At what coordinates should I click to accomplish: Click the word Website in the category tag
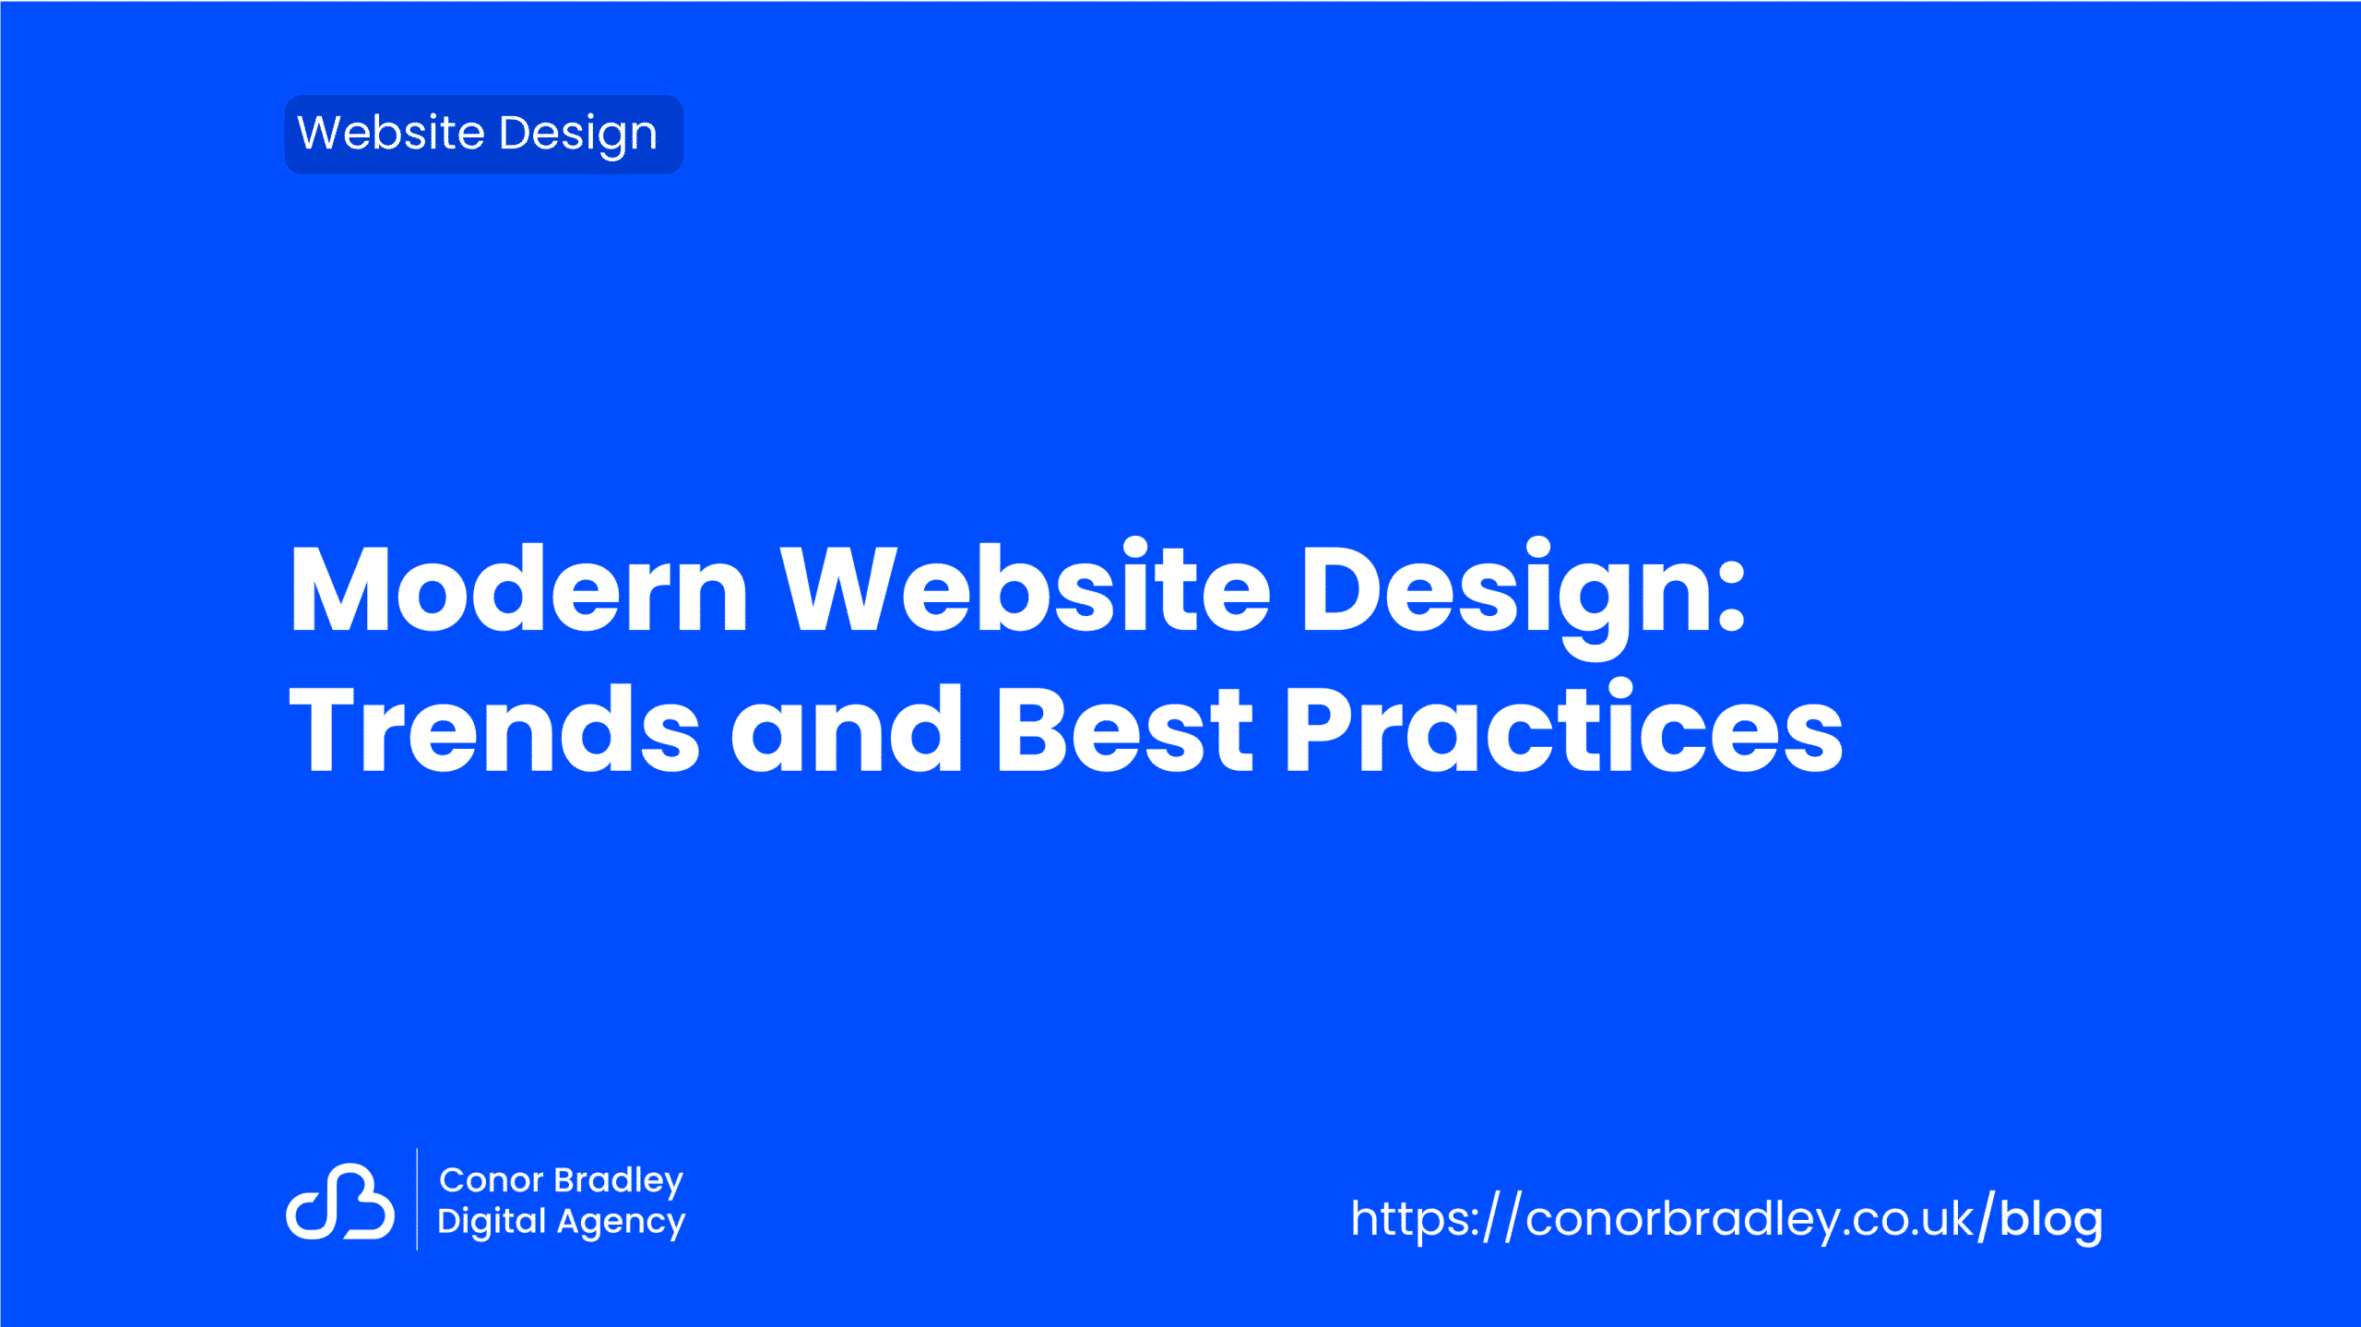coord(391,133)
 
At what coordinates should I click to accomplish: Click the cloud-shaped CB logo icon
coord(340,1201)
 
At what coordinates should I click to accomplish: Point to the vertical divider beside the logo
coord(417,1199)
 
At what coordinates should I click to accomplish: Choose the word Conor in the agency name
coord(492,1180)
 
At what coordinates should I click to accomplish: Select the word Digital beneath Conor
coord(492,1222)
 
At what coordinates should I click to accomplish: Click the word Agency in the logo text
coord(622,1224)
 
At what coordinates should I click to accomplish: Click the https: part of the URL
coord(1415,1219)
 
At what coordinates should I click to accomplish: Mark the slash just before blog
coord(1987,1217)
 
